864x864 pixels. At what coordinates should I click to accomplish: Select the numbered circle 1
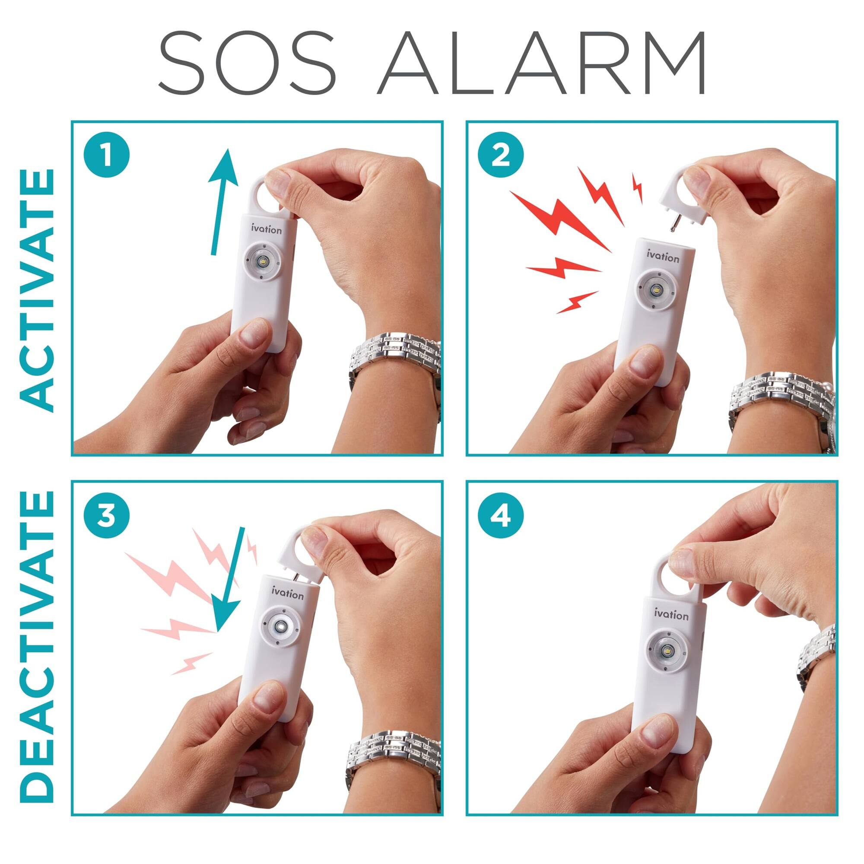click(x=106, y=156)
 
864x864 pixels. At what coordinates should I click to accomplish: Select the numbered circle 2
click(x=500, y=156)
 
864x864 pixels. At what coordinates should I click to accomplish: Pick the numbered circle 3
click(x=106, y=517)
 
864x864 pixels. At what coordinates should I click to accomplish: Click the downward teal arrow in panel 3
click(x=232, y=581)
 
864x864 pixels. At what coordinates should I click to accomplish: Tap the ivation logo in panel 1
click(x=267, y=229)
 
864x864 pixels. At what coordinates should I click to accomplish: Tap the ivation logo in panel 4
click(x=671, y=614)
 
